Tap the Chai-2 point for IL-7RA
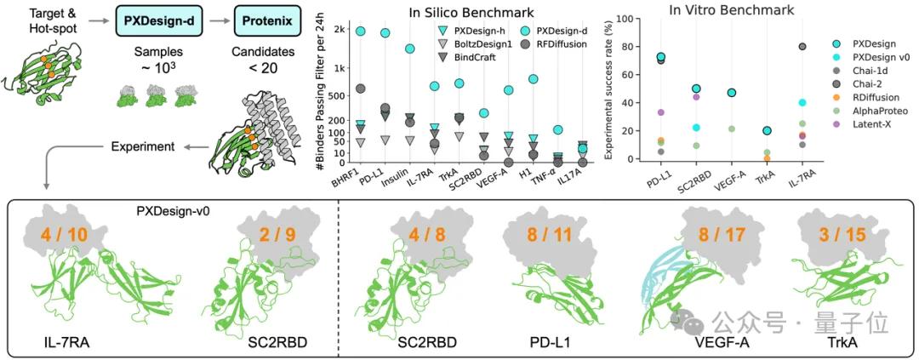826,47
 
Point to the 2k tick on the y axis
339,31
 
